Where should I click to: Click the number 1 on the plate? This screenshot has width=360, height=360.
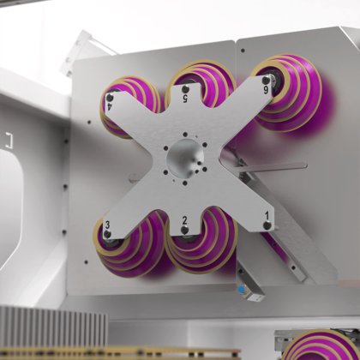coord(267,215)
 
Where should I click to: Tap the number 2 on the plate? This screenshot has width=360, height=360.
coord(184,221)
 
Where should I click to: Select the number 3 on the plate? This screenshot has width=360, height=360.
coord(106,225)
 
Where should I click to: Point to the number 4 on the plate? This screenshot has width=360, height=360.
coord(109,108)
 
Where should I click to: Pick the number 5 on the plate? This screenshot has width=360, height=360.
coord(186,99)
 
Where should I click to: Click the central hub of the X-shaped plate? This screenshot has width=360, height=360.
coord(184,158)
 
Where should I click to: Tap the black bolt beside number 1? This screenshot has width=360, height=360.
coord(267,226)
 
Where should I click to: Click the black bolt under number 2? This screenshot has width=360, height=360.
coord(184,232)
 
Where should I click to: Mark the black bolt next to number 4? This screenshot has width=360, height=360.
coord(110,97)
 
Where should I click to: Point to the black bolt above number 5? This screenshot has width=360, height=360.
coord(185,87)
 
